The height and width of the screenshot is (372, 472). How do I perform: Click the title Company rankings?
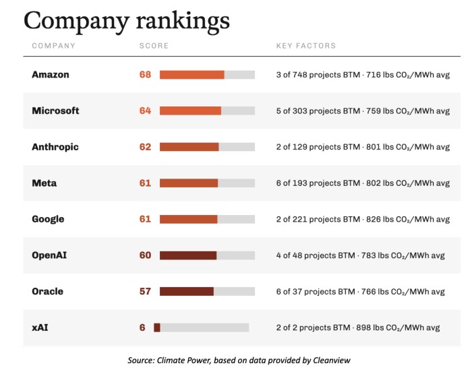pyautogui.click(x=127, y=21)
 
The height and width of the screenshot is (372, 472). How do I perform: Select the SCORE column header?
pyautogui.click(x=154, y=46)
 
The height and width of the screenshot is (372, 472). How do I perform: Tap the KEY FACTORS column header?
pyautogui.click(x=306, y=46)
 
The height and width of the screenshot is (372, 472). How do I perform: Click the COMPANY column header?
pyautogui.click(x=53, y=46)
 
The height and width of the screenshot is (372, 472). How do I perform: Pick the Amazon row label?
pyautogui.click(x=51, y=75)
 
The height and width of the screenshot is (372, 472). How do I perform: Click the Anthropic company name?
pyautogui.click(x=55, y=147)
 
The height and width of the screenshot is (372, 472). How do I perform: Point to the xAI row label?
pyautogui.click(x=40, y=328)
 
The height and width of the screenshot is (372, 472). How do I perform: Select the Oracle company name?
pyautogui.click(x=48, y=291)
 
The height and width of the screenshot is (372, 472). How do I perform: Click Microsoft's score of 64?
pyautogui.click(x=145, y=111)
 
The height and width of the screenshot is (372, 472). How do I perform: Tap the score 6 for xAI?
pyautogui.click(x=142, y=328)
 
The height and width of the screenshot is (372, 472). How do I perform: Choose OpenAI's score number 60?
pyautogui.click(x=145, y=255)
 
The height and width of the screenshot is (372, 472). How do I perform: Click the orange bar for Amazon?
pyautogui.click(x=192, y=75)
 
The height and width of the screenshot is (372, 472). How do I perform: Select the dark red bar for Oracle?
pyautogui.click(x=187, y=291)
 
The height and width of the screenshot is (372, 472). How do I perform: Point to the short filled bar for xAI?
pyautogui.click(x=157, y=328)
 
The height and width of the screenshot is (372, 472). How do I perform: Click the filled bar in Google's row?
pyautogui.click(x=188, y=219)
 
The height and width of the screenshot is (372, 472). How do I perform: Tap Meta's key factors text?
pyautogui.click(x=363, y=183)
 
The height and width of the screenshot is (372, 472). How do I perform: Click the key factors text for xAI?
pyautogui.click(x=358, y=328)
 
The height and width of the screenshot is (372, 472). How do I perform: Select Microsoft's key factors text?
pyautogui.click(x=363, y=111)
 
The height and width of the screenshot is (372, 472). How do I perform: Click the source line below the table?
pyautogui.click(x=239, y=361)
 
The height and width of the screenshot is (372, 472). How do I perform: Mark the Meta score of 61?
pyautogui.click(x=145, y=183)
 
